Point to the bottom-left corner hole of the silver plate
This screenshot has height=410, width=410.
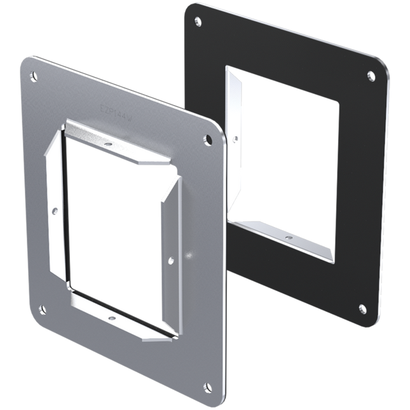tap(42, 310)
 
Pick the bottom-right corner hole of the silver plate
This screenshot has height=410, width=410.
tap(207, 386)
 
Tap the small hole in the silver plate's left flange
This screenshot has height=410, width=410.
tap(55, 210)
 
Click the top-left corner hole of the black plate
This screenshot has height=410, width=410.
tap(198, 22)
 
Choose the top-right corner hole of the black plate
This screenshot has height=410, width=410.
tap(371, 76)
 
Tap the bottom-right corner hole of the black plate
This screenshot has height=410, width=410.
tap(362, 309)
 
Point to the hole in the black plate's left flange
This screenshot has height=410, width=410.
tap(236, 137)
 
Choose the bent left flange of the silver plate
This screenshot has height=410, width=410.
tap(56, 203)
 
